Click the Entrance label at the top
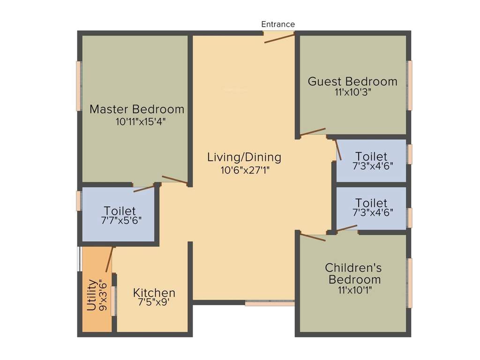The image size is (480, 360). click(x=278, y=24)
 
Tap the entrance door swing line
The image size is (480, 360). click(x=279, y=38)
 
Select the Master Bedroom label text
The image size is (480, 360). click(x=137, y=110)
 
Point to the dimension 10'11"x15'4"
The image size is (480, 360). click(x=141, y=121)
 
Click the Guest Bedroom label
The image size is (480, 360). click(x=352, y=82)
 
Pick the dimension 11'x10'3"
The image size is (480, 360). click(x=352, y=92)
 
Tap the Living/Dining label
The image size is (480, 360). click(x=244, y=157)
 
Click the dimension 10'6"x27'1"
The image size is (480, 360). click(x=245, y=170)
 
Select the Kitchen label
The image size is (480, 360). click(x=154, y=293)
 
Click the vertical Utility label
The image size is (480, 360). click(x=92, y=295)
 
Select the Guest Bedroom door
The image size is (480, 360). click(x=313, y=132)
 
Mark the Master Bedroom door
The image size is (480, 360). click(x=174, y=180)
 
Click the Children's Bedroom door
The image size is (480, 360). click(x=313, y=237)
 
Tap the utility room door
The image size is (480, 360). click(x=109, y=260)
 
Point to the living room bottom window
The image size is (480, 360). click(x=270, y=304)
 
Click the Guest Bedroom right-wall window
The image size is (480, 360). click(x=409, y=85)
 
